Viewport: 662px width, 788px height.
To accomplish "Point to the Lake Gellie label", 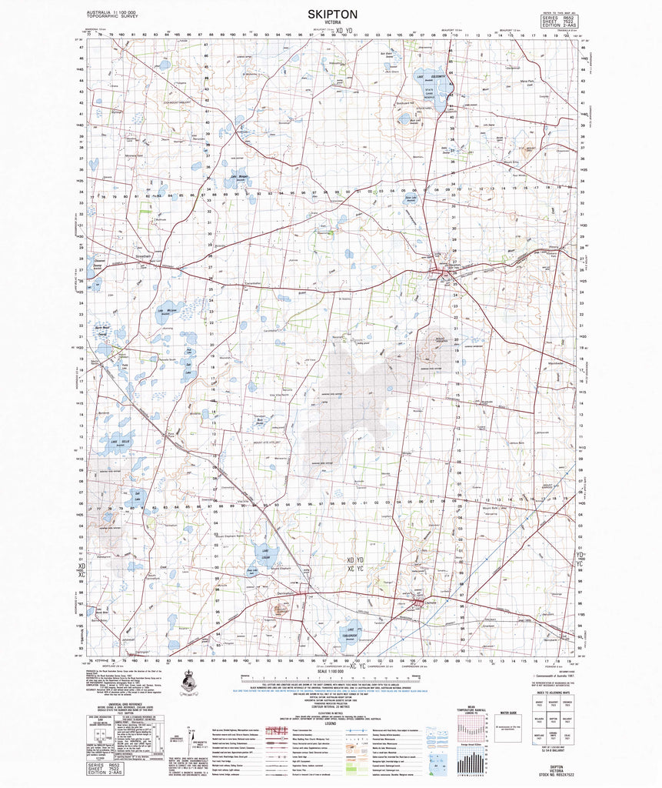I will click(x=125, y=442).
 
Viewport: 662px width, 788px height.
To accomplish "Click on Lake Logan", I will click(x=263, y=553).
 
